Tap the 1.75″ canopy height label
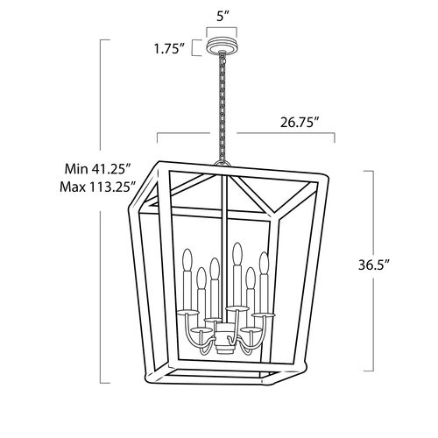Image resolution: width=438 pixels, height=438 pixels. [x=170, y=49]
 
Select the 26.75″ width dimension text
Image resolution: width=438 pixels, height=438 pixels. [x=300, y=123]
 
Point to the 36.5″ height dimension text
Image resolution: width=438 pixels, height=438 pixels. [x=374, y=265]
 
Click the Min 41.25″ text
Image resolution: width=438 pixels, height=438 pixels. [x=97, y=169]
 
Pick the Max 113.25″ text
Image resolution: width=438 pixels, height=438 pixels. [x=98, y=187]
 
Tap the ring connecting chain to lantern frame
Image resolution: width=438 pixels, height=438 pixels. [x=223, y=163]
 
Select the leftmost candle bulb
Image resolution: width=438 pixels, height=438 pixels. [x=187, y=260]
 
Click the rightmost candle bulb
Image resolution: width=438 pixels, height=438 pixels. [x=264, y=263]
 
